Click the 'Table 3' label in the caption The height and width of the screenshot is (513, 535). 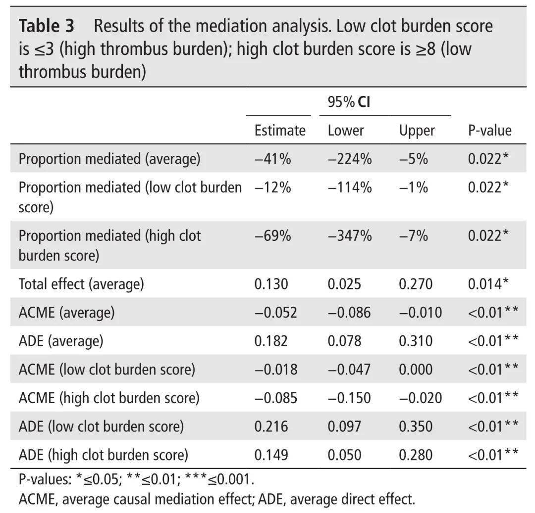point(47,26)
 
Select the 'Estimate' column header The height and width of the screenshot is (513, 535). point(280,131)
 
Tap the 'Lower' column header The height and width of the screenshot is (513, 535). point(346,131)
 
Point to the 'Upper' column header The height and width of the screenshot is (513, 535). point(417,131)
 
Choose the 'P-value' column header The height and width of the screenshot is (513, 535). point(489,131)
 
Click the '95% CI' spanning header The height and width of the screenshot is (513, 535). point(349,102)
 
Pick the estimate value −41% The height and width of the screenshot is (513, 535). point(272,159)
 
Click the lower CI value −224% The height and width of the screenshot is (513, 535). point(350,159)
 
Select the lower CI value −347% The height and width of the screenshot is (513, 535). point(350,235)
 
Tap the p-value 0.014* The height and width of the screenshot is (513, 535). point(488,284)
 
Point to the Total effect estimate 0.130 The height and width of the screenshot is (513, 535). point(271,284)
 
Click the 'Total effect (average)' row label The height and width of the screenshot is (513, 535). point(81,284)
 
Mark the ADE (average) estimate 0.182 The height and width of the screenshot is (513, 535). point(271,341)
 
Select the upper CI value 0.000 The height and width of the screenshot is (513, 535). point(416,370)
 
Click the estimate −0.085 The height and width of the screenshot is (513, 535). point(276,398)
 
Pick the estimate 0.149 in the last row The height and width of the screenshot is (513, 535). point(271,455)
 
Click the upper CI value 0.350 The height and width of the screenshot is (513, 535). point(416,426)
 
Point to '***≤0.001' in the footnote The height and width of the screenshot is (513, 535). point(218,479)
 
